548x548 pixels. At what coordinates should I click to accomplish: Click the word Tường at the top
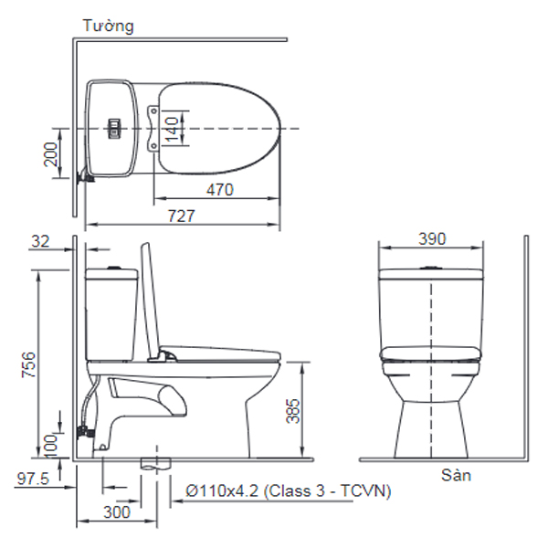pos(108,26)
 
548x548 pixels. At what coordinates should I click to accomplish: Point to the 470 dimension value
pos(218,190)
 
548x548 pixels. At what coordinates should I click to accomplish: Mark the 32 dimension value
pos(40,241)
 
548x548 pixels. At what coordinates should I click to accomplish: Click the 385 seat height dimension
pos(292,415)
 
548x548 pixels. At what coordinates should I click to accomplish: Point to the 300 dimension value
pos(116,512)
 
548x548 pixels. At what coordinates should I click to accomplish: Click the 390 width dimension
pos(431,238)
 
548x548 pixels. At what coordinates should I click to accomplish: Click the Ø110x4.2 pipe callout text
pos(287,491)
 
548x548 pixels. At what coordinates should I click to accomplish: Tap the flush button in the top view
pos(115,129)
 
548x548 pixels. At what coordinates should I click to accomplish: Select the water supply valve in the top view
pos(85,176)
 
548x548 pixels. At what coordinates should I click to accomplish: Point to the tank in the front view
pos(430,306)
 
